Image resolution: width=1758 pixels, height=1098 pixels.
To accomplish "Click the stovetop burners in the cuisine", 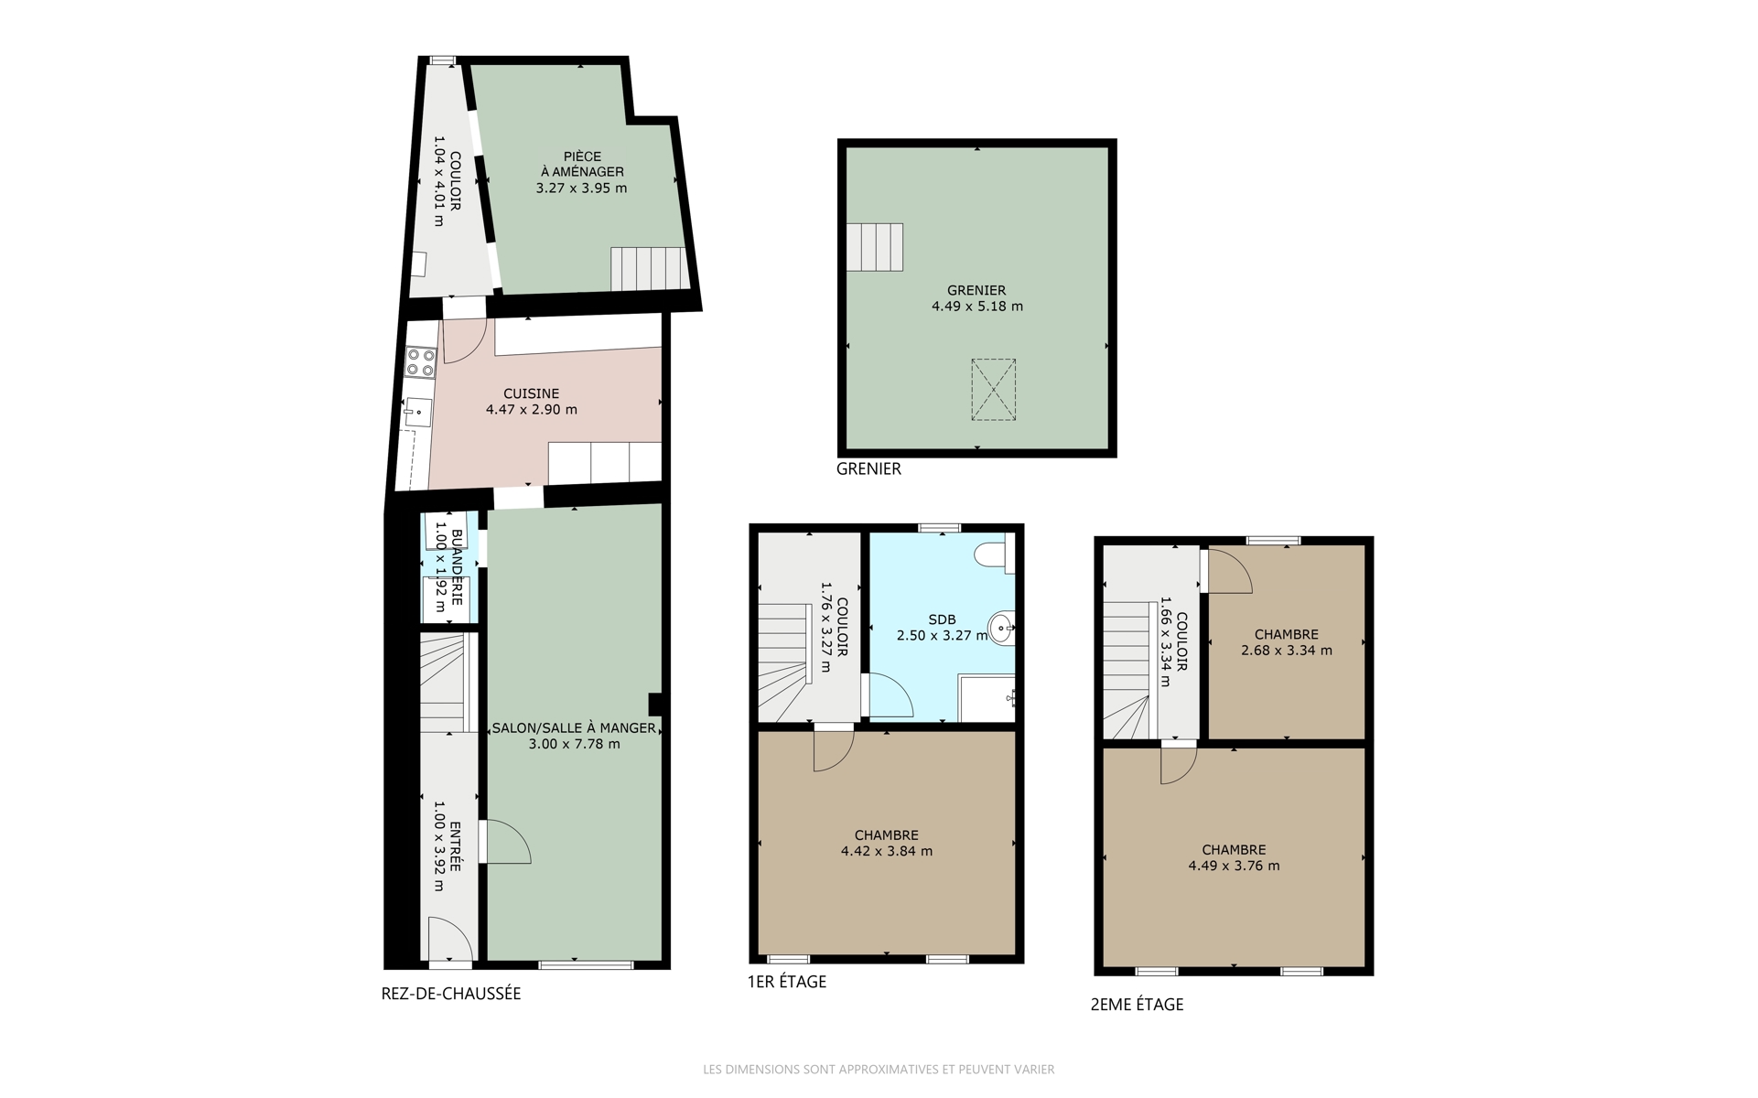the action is (x=421, y=361).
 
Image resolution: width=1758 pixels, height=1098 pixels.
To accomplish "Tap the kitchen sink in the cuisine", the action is (x=417, y=413).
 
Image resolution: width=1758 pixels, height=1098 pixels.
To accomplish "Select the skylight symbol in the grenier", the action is (x=993, y=390).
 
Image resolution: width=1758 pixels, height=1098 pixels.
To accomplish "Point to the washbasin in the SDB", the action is (x=1003, y=628).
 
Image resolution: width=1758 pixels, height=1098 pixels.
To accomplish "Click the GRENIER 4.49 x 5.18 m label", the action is (x=977, y=298).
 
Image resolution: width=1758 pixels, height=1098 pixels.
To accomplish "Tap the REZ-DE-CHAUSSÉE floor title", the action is (x=451, y=994).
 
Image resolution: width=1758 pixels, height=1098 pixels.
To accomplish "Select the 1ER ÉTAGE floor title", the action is (x=787, y=982).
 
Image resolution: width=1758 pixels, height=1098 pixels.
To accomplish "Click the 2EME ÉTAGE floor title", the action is (x=1138, y=1005).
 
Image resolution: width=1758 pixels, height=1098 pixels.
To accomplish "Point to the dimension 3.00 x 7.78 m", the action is (x=574, y=744).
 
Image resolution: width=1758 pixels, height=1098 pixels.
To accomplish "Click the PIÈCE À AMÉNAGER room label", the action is (x=582, y=164).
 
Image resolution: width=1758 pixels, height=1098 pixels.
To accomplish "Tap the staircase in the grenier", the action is (x=875, y=247).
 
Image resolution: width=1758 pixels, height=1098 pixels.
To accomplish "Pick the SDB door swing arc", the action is (x=890, y=695).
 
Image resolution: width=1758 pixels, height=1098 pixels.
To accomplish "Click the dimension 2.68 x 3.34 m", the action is (x=1287, y=651).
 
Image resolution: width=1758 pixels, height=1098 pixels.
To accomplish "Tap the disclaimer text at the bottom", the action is (x=879, y=1069).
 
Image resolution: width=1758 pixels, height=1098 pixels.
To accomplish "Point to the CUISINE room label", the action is (x=532, y=393).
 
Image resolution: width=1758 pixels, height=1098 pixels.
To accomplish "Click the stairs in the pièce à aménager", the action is (x=649, y=269).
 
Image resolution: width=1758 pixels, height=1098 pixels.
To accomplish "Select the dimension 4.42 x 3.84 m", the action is (x=887, y=851).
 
